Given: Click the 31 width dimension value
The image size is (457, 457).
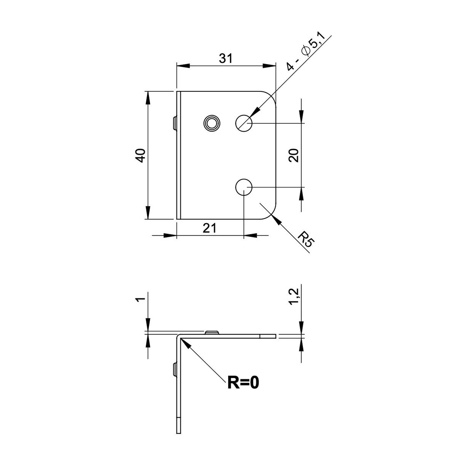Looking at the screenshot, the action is (x=225, y=58).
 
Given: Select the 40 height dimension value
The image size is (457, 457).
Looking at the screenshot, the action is (x=141, y=155).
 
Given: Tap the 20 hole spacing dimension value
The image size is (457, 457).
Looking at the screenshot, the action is (x=294, y=155).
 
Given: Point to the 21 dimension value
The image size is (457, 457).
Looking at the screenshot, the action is (x=209, y=228).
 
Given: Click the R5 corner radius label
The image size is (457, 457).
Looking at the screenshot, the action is (x=306, y=240).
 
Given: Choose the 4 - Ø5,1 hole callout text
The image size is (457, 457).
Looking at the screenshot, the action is (x=306, y=52).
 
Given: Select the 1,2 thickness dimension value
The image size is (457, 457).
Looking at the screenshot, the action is (x=294, y=296).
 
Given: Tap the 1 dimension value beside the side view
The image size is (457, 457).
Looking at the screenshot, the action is (x=141, y=299).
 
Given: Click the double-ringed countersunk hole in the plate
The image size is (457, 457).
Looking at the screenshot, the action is (x=212, y=123).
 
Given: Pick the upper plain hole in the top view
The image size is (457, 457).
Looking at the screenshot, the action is (x=244, y=123).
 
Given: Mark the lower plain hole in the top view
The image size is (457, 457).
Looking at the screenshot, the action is (x=244, y=187).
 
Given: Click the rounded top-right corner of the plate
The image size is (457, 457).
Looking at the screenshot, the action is (x=271, y=96).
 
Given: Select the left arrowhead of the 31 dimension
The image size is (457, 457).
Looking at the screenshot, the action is (x=184, y=66).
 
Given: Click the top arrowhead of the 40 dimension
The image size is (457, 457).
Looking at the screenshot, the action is (x=148, y=98).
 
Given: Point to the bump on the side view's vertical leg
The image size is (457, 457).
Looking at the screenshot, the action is (x=175, y=369).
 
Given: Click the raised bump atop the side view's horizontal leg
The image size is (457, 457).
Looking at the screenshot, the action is (x=212, y=332).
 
